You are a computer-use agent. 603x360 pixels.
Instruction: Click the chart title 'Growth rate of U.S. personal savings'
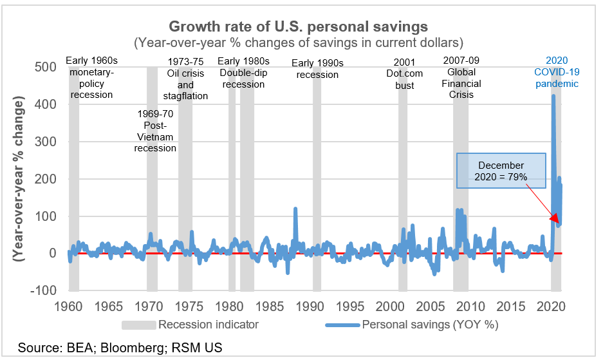[x=298, y=27]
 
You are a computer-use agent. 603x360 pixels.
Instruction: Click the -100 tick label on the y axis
[x=42, y=290]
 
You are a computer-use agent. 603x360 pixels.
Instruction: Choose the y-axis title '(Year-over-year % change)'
[x=19, y=178]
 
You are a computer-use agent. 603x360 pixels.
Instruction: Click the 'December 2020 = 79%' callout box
[x=501, y=171]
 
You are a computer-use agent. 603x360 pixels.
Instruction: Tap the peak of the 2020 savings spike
[x=553, y=96]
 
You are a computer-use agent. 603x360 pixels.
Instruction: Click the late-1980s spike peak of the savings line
[x=295, y=209]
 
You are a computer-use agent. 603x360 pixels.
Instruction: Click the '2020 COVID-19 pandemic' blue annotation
[x=557, y=72]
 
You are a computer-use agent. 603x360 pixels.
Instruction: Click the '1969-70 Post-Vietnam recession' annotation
[x=155, y=131]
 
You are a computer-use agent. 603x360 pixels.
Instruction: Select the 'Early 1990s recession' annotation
[x=317, y=68]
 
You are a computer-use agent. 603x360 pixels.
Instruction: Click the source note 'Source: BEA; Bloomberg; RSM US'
[x=120, y=348]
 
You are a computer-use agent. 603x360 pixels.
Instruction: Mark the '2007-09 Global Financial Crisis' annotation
[x=461, y=77]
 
